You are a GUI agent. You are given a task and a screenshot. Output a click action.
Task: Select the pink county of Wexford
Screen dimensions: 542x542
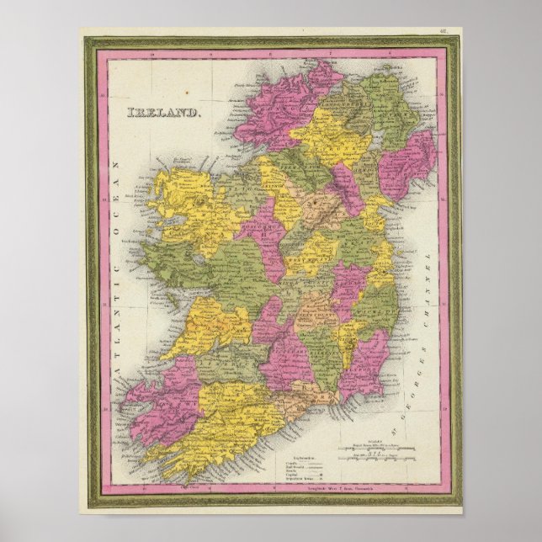pos(367,362)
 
